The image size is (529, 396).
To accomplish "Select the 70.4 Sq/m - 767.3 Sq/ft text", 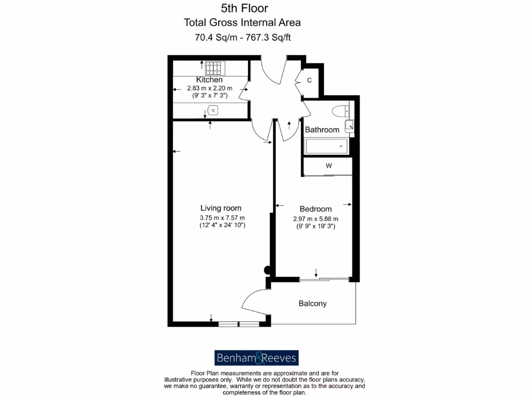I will click(243, 37).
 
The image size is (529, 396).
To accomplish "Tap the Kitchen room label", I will click(209, 80).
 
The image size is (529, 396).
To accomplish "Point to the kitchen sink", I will click(212, 109).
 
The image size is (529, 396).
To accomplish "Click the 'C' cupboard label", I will click(309, 80).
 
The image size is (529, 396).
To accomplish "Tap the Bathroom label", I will click(322, 130).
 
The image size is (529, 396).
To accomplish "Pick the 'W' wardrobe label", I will click(328, 166).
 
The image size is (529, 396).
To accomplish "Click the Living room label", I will click(221, 208).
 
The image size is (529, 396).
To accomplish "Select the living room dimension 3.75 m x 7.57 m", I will click(222, 217).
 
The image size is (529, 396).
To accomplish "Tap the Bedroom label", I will click(316, 209).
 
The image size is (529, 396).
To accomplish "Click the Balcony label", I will click(313, 304).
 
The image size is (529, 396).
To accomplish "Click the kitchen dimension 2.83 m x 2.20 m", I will click(209, 88).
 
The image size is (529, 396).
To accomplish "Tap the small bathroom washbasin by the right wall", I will click(350, 124).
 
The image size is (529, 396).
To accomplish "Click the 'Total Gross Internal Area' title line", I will click(242, 22).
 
